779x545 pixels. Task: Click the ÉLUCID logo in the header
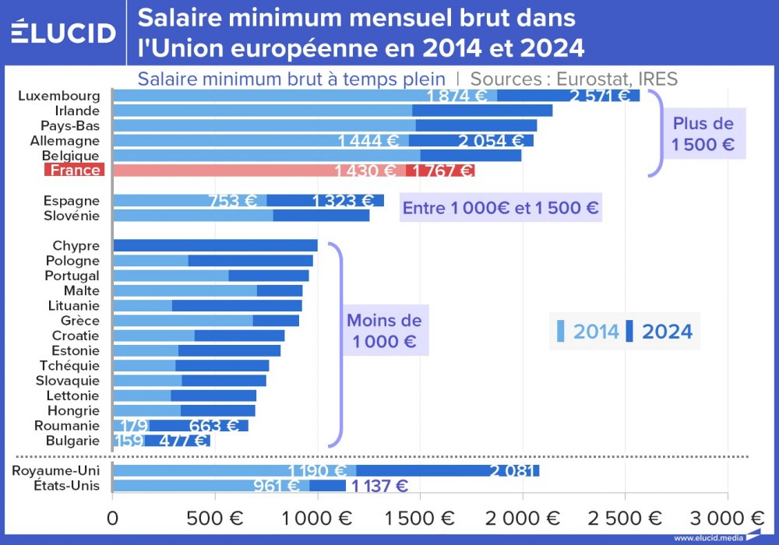point(63,32)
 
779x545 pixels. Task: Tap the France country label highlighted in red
point(73,171)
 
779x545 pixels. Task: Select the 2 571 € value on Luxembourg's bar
point(600,96)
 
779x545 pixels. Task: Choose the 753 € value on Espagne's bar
point(233,200)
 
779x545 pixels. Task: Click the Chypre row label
point(76,246)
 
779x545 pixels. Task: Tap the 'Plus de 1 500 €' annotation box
point(703,134)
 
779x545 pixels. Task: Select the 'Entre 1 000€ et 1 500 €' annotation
point(501,208)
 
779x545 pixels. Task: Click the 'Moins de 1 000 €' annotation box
point(384,331)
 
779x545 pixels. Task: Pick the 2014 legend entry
point(588,332)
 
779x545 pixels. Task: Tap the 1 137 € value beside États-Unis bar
point(379,486)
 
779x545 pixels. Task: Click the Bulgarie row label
point(72,441)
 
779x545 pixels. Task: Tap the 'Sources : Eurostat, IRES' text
point(574,79)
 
